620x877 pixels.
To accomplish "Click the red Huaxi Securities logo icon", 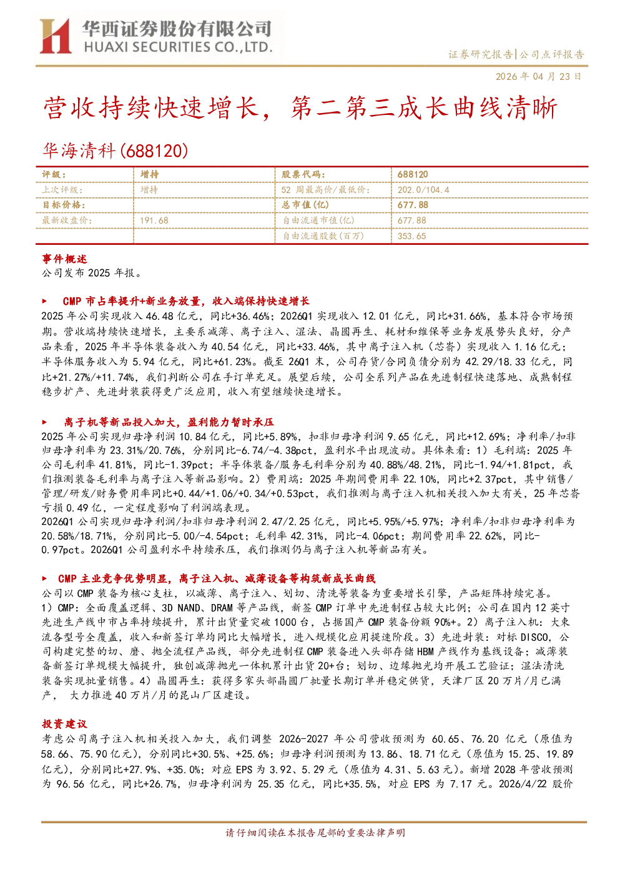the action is click(55, 36).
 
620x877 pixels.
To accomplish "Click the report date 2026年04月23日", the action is click(538, 76).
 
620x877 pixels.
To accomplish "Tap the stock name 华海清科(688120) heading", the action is click(115, 151).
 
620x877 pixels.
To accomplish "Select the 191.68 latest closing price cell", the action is click(154, 220).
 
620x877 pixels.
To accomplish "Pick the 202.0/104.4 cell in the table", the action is click(423, 190).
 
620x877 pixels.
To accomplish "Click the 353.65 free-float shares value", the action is click(411, 236).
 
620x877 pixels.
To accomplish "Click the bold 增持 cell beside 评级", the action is click(149, 174).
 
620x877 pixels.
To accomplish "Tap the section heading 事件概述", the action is click(64, 259).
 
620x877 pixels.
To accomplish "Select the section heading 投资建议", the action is click(64, 724).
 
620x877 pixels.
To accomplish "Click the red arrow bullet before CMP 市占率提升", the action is click(44, 301).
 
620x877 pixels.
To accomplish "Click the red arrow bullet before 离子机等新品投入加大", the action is click(44, 422).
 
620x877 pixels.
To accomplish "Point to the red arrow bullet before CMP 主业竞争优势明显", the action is click(44, 578).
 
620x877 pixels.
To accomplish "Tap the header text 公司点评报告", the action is click(552, 54).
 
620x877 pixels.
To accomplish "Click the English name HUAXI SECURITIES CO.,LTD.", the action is click(178, 47).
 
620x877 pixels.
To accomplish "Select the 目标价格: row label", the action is click(64, 205).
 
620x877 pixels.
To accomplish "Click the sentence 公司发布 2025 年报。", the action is click(92, 273).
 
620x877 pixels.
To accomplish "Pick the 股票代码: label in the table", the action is click(303, 174).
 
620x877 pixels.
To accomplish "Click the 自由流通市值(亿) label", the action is click(318, 220).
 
